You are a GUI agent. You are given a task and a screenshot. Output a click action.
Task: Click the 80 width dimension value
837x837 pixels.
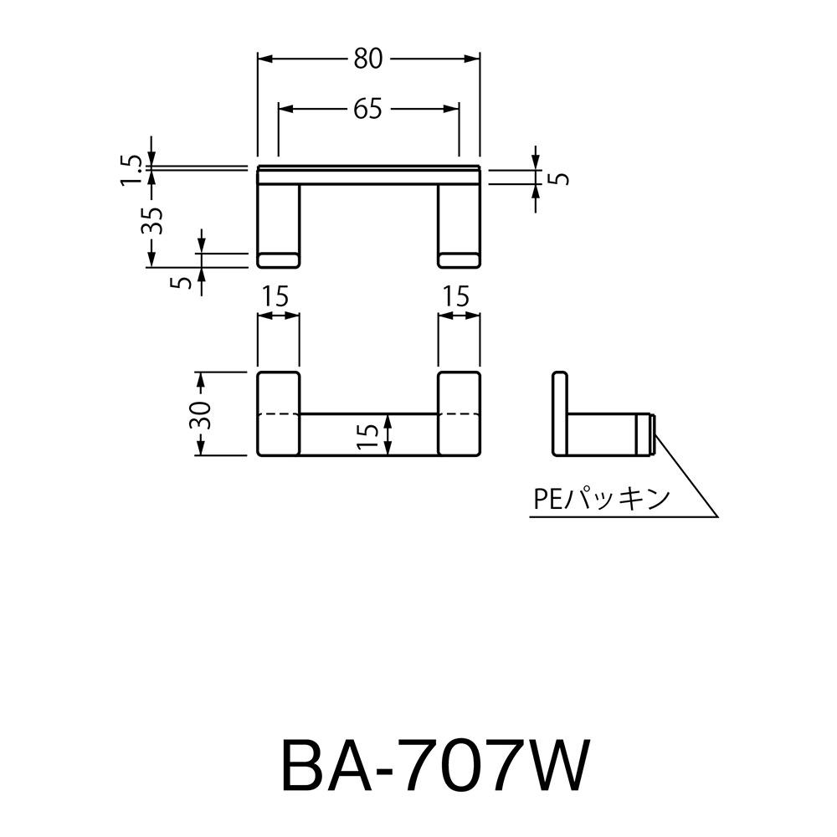[367, 59]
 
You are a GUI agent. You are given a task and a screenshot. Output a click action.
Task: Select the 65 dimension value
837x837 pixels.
[367, 109]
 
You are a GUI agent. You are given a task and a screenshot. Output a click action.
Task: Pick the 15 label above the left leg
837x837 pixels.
[276, 295]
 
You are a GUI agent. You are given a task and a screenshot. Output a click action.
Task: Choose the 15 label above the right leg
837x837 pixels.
[457, 295]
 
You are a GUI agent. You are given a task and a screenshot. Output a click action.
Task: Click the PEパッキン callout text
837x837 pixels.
[601, 500]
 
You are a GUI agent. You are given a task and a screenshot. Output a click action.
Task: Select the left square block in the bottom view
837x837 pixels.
[278, 413]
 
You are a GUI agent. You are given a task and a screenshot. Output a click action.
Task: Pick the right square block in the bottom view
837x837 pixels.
[459, 413]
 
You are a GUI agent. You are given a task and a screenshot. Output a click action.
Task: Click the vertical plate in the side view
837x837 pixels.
[561, 413]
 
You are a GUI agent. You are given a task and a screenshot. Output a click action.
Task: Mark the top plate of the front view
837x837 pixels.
[368, 174]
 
